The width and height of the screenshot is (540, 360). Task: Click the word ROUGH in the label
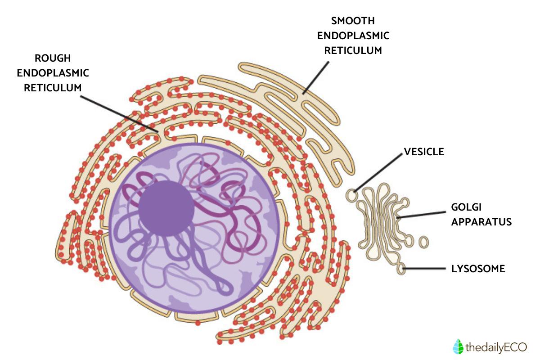[x=53, y=58]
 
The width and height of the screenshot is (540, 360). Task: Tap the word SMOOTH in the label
[x=353, y=21]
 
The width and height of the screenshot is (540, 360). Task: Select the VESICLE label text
[x=424, y=152]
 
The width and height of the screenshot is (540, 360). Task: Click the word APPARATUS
[x=481, y=221]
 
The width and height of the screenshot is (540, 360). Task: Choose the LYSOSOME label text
[x=478, y=269]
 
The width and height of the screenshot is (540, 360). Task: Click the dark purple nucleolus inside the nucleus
[x=166, y=208]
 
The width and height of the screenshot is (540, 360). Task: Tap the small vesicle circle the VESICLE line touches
[x=352, y=196]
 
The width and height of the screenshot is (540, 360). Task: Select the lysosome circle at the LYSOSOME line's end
[x=401, y=269]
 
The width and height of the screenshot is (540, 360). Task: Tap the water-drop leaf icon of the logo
[x=457, y=346]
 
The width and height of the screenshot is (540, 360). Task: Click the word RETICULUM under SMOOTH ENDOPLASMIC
[x=353, y=50]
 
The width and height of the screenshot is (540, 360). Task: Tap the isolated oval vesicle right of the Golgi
[x=423, y=242]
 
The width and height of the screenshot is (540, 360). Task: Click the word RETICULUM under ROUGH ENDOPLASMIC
[x=53, y=87]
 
